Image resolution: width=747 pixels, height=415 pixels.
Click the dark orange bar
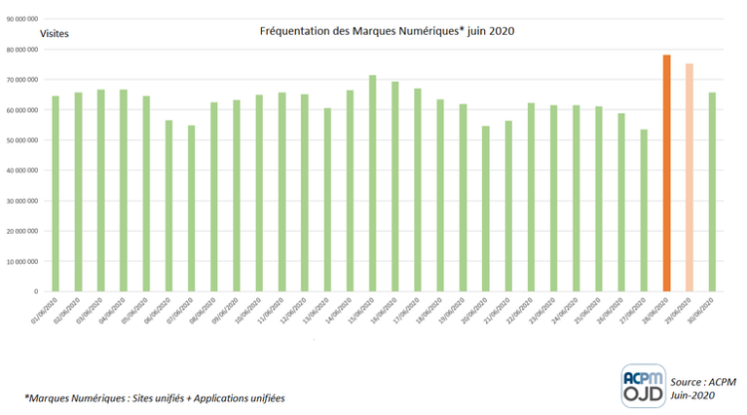point(666,174)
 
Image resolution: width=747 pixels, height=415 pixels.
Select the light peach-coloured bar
point(689,178)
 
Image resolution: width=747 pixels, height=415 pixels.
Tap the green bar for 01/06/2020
point(56,194)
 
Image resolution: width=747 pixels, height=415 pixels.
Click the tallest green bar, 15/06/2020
point(373,184)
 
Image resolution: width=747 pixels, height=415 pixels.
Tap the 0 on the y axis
point(33,292)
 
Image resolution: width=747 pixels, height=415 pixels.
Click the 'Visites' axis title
point(55,33)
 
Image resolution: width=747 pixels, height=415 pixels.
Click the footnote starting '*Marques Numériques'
point(153,398)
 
